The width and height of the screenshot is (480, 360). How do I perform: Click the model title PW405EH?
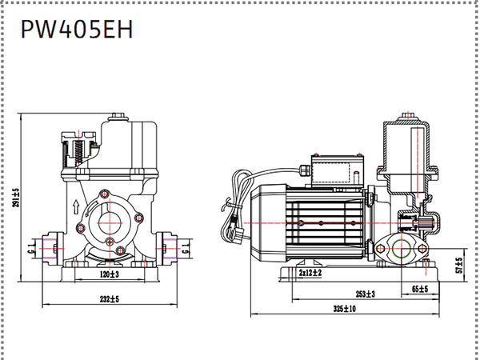click(x=77, y=30)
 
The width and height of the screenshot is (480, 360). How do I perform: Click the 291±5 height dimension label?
click(x=16, y=198)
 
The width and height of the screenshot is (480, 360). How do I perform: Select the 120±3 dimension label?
click(x=110, y=274)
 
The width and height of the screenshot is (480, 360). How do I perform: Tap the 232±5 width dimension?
click(x=110, y=299)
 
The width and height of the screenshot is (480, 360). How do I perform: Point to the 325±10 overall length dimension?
click(x=345, y=309)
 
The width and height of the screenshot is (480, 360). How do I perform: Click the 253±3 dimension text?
click(x=366, y=294)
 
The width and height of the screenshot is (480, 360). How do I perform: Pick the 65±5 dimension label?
click(x=420, y=289)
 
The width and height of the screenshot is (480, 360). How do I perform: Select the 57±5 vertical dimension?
click(x=459, y=266)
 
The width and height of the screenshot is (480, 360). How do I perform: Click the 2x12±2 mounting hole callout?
click(x=310, y=272)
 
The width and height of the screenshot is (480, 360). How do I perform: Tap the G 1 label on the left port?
click(x=30, y=249)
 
